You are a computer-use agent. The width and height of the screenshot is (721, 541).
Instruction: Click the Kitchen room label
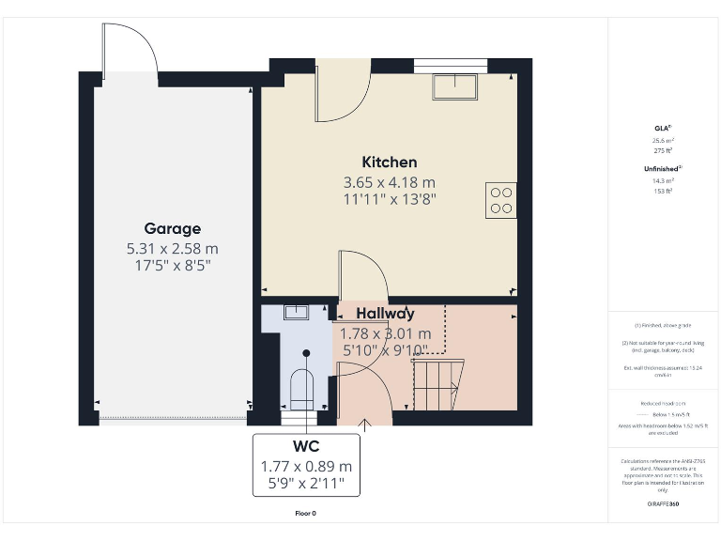point(389,162)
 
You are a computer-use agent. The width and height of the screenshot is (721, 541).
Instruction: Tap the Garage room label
point(172,228)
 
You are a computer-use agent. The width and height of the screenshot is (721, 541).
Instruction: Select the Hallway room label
point(385,314)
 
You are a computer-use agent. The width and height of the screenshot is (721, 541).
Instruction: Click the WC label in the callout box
point(306,447)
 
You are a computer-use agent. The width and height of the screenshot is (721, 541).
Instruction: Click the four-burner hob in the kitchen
point(500,200)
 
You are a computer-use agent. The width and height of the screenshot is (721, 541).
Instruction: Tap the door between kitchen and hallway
point(362,274)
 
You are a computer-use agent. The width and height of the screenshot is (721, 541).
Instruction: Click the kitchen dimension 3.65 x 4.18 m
point(389,182)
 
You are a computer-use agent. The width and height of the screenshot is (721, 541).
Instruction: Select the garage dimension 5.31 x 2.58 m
point(172,249)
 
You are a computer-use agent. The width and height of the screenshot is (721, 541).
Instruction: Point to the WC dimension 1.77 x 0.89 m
point(306,466)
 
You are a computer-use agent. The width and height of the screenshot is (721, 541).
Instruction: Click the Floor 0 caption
point(306,514)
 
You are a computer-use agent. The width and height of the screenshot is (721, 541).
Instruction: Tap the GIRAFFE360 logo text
point(663,504)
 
